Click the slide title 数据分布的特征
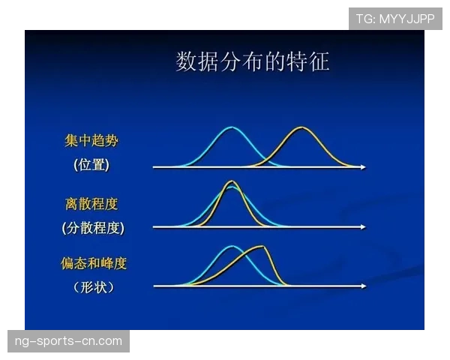[253, 61]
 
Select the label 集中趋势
[91, 141]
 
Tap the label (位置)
[91, 166]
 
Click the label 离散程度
[91, 203]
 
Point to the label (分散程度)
[93, 227]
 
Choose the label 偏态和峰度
[94, 263]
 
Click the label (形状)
[94, 287]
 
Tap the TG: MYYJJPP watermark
[395, 19]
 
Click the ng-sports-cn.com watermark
[68, 341]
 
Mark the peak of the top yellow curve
[301, 128]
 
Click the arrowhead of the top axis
[364, 167]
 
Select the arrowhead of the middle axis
[364, 226]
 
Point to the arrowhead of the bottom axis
[364, 286]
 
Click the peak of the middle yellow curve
[232, 181]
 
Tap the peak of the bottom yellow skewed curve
[262, 247]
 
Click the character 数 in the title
[186, 61]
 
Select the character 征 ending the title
[319, 61]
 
